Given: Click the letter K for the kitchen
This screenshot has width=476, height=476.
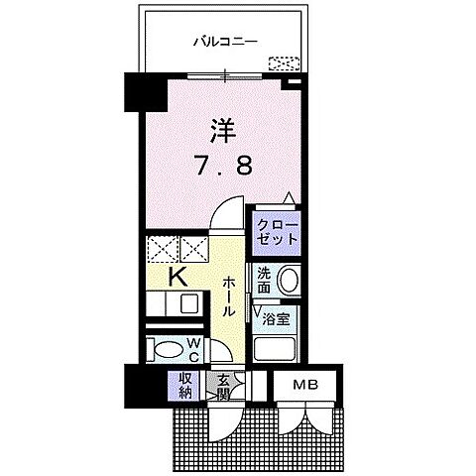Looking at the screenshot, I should pos(182,277).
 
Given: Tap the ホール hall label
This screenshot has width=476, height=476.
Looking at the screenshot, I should pos(228,297).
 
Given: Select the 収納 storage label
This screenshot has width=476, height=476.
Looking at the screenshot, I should pos(186,384).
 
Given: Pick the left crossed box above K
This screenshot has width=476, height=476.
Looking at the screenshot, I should pos(160,248).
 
